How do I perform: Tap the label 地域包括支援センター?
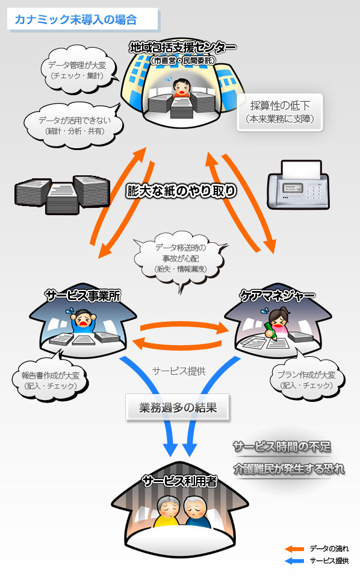(182, 48)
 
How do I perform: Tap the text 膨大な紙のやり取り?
(181, 191)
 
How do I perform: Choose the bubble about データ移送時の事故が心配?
(180, 258)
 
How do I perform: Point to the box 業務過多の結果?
(179, 409)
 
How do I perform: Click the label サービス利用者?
(179, 481)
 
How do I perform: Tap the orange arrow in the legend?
(294, 549)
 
